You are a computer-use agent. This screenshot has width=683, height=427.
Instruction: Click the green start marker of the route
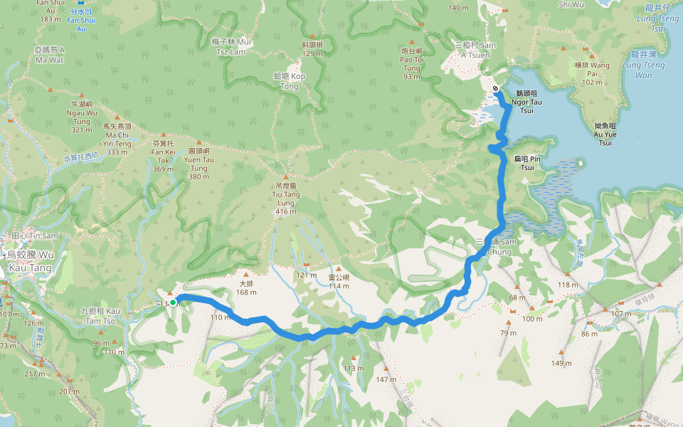coord(172,302)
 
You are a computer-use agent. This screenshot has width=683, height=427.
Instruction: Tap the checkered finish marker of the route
coord(495,88)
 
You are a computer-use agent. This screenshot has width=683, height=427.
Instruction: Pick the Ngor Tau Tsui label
coord(526,102)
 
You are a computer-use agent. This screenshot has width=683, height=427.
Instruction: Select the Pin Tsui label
coord(527,163)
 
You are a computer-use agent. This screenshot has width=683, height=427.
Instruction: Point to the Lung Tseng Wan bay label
coord(643,70)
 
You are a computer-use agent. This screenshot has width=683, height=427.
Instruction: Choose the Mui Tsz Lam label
coord(233,46)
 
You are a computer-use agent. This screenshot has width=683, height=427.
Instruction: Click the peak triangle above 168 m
coord(246,274)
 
